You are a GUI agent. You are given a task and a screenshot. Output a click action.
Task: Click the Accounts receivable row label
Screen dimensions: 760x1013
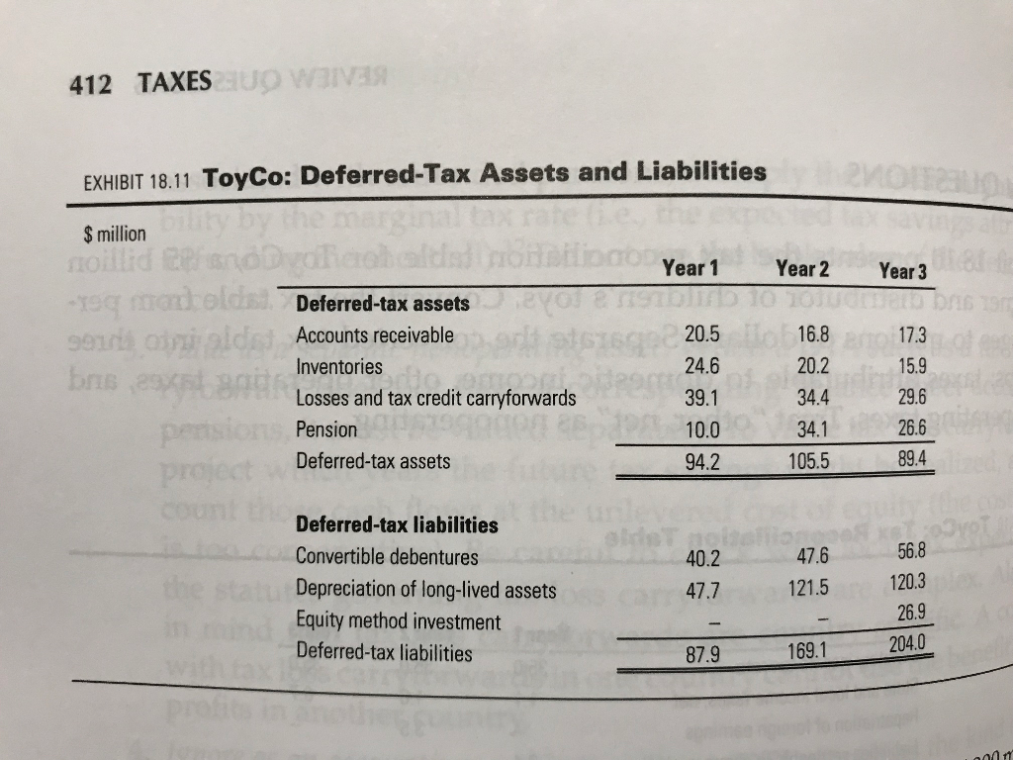point(375,334)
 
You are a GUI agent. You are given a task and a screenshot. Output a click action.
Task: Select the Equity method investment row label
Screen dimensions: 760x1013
point(399,621)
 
